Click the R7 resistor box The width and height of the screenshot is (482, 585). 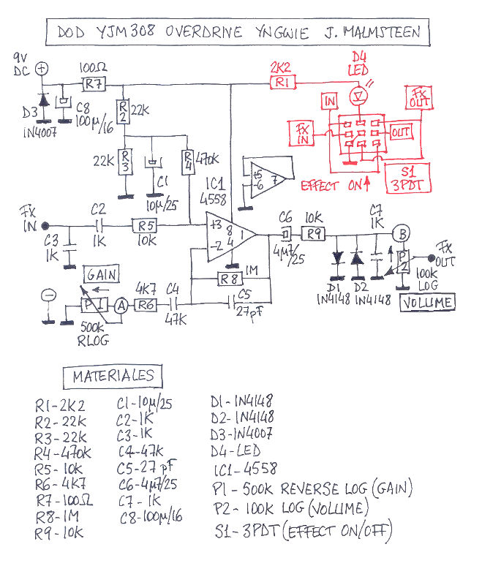tap(93, 84)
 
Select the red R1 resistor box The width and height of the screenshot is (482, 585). tap(282, 83)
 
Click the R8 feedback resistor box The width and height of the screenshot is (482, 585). tap(231, 278)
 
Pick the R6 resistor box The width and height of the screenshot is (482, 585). tap(147, 304)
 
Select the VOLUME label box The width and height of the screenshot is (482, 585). tap(428, 302)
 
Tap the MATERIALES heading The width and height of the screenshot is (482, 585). tap(113, 377)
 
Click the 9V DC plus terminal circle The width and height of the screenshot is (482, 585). tap(42, 68)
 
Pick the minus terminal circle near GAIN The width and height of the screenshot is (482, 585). tap(49, 295)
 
